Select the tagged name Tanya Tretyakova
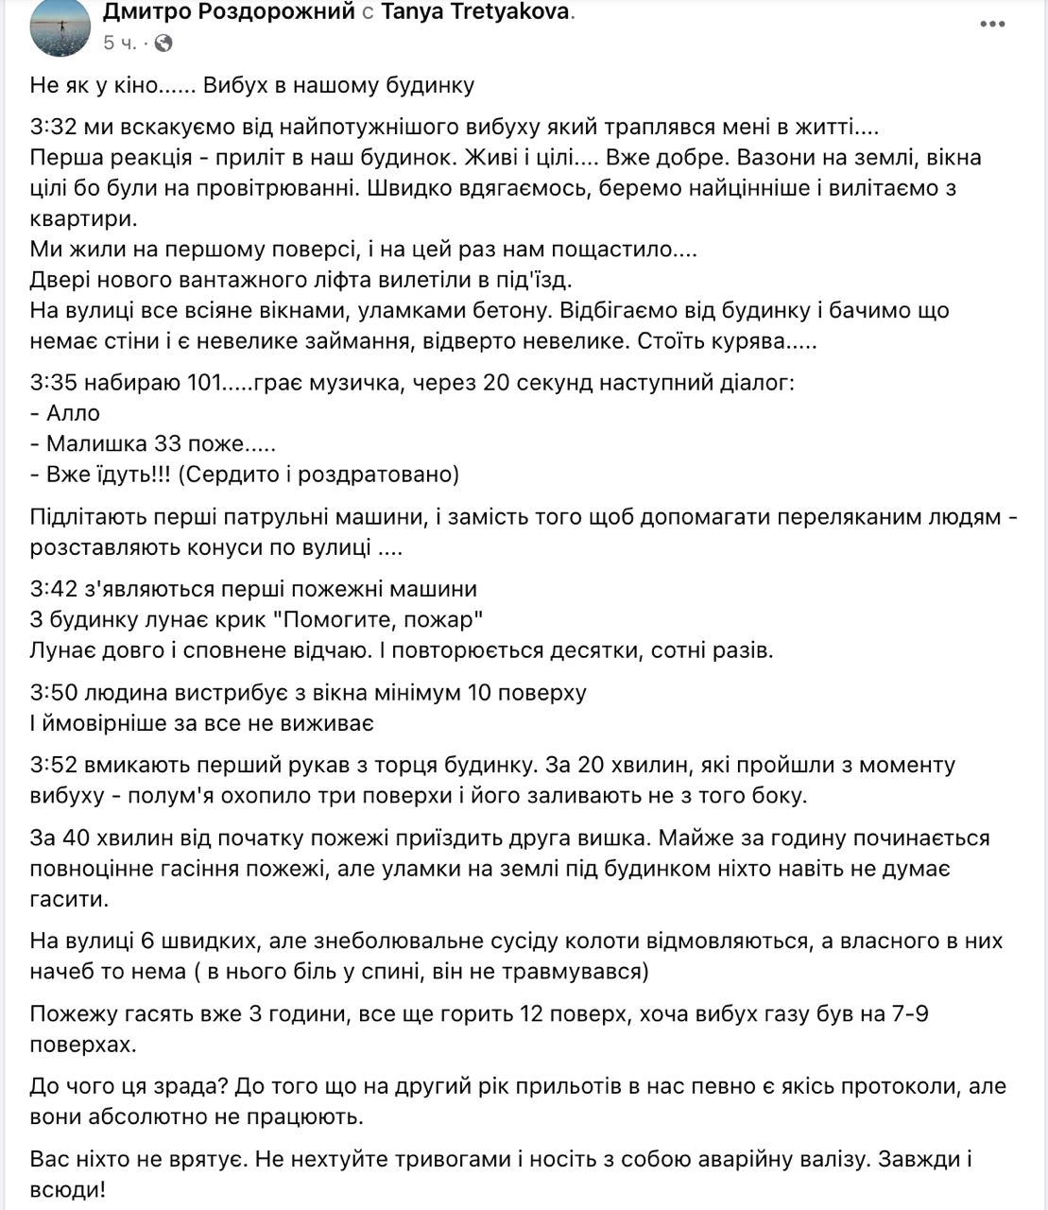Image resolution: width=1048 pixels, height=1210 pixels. point(476,12)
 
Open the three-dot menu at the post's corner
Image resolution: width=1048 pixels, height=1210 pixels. point(992,24)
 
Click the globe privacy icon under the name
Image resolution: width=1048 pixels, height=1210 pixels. point(163,43)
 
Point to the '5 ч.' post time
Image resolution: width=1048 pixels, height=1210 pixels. point(121,43)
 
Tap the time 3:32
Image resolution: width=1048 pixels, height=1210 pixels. point(53,127)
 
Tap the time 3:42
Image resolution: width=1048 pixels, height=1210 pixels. point(53,589)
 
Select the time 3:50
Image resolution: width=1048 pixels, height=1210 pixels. point(53,692)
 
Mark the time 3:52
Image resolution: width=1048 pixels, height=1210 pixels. point(53,764)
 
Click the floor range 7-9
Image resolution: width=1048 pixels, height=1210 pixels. point(910,1014)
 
